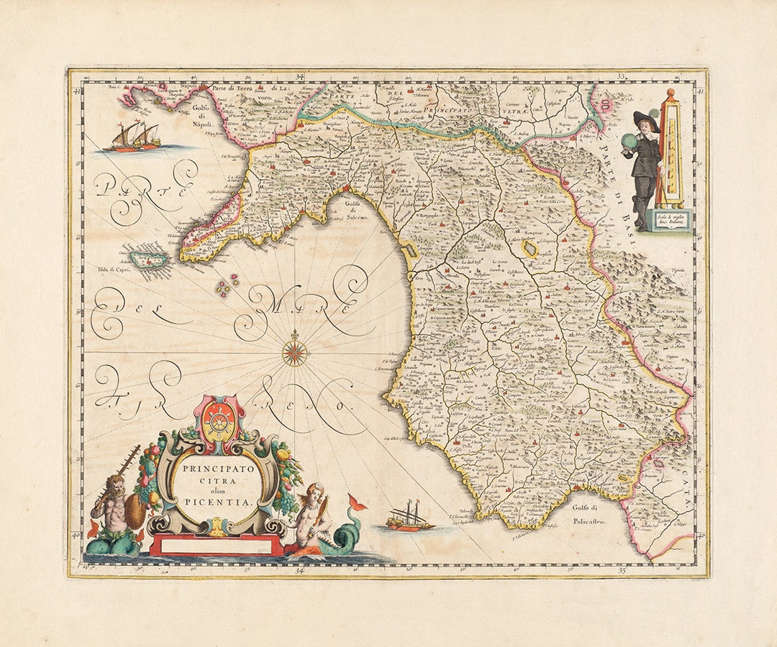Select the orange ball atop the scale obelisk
[x=670, y=93]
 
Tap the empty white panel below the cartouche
[x=217, y=546]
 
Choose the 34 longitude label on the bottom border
[x=299, y=571]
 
